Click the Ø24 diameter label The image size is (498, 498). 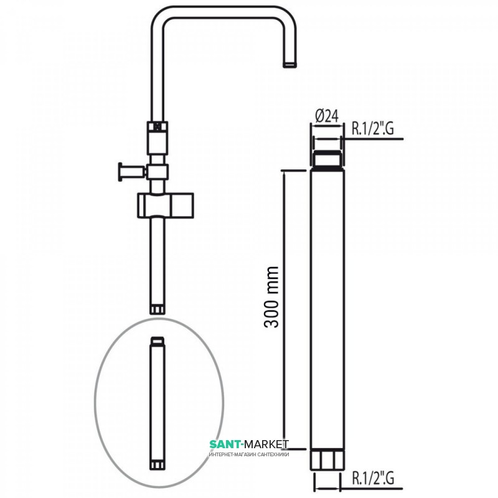[x=327, y=116]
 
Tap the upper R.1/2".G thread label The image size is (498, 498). [x=372, y=129]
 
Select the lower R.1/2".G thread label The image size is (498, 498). [x=373, y=477]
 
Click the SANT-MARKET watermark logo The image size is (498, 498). [x=249, y=444]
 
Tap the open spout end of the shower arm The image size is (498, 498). [x=290, y=65]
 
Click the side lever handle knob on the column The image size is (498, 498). [x=120, y=172]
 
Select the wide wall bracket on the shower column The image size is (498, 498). [x=166, y=205]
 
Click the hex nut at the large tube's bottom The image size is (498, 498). [x=327, y=459]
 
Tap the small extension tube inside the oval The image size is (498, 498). [x=157, y=403]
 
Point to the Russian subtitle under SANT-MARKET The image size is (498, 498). [x=249, y=454]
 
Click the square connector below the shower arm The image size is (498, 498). [x=157, y=138]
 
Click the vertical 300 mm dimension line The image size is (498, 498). [x=284, y=310]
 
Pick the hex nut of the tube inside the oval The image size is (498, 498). [x=157, y=466]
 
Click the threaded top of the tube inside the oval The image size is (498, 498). [x=157, y=340]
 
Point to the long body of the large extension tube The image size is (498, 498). [x=327, y=308]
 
